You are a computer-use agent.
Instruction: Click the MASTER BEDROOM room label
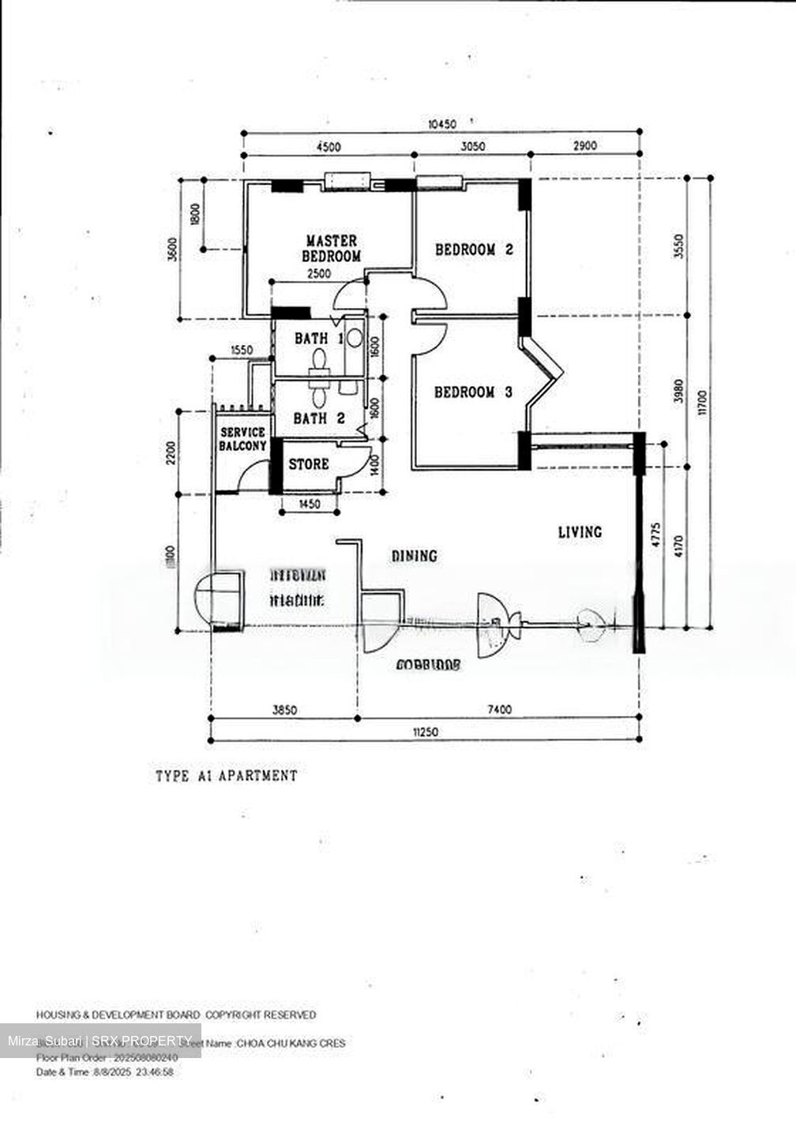pyautogui.click(x=332, y=248)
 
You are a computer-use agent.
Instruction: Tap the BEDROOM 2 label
pyautogui.click(x=475, y=250)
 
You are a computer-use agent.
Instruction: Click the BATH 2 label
pyautogui.click(x=319, y=418)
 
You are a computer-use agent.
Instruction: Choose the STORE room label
pyautogui.click(x=308, y=463)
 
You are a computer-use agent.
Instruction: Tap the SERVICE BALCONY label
pyautogui.click(x=242, y=439)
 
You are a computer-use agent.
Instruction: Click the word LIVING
pyautogui.click(x=580, y=531)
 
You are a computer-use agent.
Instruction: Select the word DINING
pyautogui.click(x=415, y=556)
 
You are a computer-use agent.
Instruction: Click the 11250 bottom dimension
pyautogui.click(x=425, y=732)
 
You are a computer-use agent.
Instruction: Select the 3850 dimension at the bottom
pyautogui.click(x=284, y=709)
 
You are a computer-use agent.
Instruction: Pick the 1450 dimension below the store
pyautogui.click(x=310, y=504)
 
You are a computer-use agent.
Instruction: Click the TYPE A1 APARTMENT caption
pyautogui.click(x=227, y=775)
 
